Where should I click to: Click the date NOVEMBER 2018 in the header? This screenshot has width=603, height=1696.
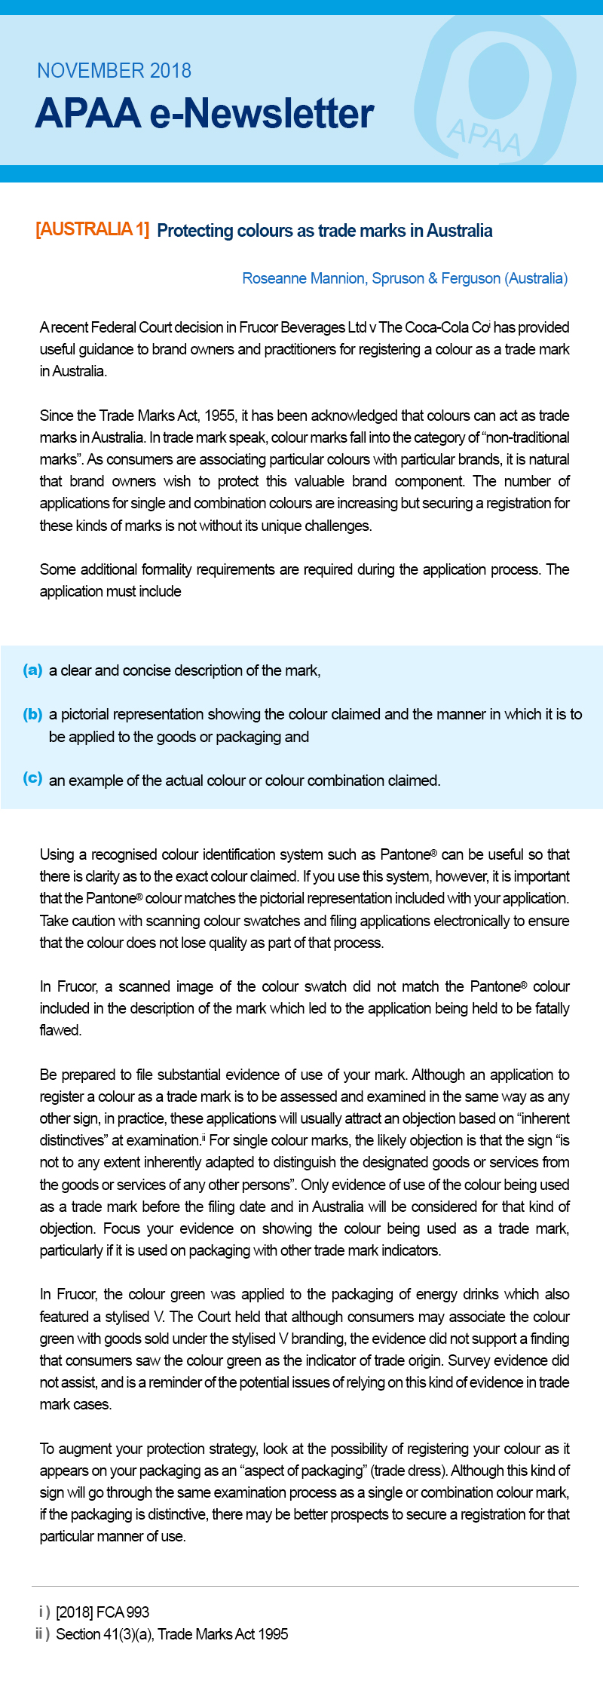(114, 71)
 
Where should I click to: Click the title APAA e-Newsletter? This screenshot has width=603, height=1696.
(204, 114)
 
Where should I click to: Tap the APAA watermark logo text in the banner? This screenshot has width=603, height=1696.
(483, 136)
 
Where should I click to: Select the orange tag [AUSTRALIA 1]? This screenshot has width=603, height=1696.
(92, 229)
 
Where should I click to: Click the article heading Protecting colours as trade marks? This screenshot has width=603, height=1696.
(324, 231)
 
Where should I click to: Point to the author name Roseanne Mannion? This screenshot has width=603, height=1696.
(302, 278)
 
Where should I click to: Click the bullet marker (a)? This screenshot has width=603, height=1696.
(32, 670)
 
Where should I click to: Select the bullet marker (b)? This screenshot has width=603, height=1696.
(32, 714)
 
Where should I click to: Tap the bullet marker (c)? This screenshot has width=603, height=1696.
(32, 778)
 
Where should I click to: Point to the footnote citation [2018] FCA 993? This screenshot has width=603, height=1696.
(103, 1612)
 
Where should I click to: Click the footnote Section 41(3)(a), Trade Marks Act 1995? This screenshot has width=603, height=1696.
(172, 1634)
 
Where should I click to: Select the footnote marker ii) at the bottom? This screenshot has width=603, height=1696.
(42, 1634)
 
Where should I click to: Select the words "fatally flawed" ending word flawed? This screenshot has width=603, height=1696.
(60, 1030)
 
